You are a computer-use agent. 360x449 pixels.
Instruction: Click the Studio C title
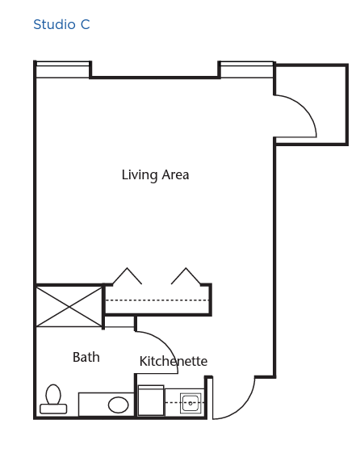[61, 24]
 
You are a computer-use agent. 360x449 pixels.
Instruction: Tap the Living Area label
[156, 175]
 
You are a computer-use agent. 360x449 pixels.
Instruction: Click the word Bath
[86, 357]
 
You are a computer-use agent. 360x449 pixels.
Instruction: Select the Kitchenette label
[174, 361]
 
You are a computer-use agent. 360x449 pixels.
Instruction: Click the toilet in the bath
[53, 399]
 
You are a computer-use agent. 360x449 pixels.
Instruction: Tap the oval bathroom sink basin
[118, 405]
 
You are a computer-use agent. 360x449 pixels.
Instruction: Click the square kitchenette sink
[190, 403]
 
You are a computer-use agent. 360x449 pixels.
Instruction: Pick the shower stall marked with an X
[69, 307]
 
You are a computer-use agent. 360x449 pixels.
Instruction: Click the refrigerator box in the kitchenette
[151, 401]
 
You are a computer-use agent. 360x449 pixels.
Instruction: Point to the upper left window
[63, 69]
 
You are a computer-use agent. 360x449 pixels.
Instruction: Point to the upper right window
[247, 69]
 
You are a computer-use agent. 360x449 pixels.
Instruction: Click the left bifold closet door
[127, 276]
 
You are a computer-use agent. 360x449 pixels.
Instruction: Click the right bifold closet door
[186, 276]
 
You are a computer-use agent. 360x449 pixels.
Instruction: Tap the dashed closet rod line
[157, 300]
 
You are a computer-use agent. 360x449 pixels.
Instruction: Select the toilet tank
[53, 409]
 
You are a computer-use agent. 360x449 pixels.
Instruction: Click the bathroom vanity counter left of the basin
[93, 405]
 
